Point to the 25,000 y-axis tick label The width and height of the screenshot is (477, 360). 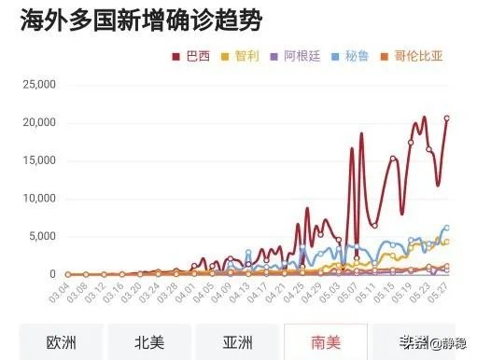[x=38, y=85]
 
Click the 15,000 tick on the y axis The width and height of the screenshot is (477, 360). [x=38, y=160]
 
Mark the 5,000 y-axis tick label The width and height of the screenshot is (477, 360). [x=42, y=236]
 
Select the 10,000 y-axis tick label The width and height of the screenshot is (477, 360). [x=38, y=199]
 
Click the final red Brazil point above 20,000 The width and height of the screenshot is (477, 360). [x=447, y=118]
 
